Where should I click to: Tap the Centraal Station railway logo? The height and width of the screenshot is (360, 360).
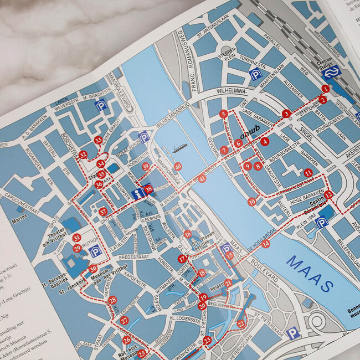click(x=331, y=73)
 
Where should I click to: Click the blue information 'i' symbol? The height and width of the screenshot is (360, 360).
click(x=138, y=194)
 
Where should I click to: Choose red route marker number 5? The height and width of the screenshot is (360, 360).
click(x=223, y=114)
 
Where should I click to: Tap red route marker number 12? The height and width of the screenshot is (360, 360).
click(x=328, y=194)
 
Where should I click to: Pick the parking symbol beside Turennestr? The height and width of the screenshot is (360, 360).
click(x=256, y=74)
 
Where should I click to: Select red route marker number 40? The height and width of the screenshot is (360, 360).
click(x=178, y=166)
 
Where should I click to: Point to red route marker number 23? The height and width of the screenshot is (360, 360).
click(x=207, y=340)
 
